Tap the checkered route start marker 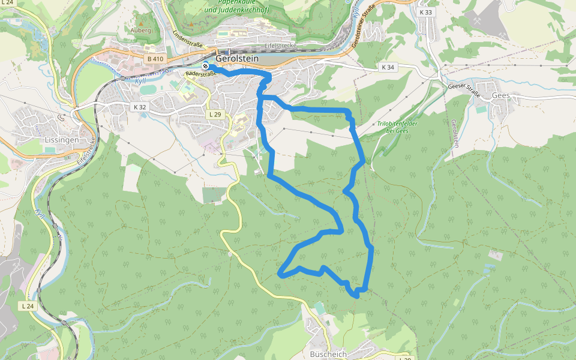tap(206, 66)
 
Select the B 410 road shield tap(155, 59)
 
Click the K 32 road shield tap(139, 107)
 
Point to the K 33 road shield tap(426, 12)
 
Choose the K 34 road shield tap(388, 67)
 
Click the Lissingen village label tap(61, 140)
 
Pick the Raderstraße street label tap(200, 73)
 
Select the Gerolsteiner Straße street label tap(367, 28)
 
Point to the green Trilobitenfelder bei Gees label tap(397, 127)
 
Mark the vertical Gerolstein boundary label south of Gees tap(455, 133)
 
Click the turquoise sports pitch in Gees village tap(481, 109)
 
